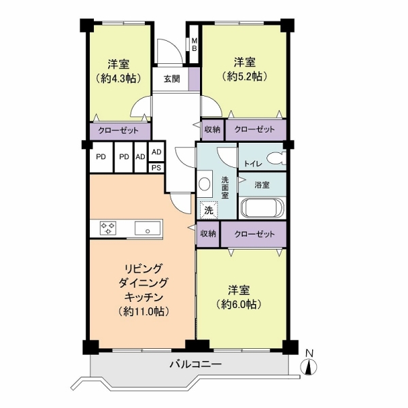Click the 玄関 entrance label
coord(172,79)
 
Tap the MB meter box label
coord(194,44)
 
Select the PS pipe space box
coord(156,168)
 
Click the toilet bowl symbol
coord(276,158)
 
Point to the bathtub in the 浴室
coord(262,208)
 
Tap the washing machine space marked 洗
coord(209,210)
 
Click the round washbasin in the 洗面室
coord(204,184)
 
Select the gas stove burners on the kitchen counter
coord(108,228)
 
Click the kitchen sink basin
coord(148,228)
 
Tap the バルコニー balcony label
coord(196,364)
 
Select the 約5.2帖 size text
coord(245,76)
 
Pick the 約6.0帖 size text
coord(239,304)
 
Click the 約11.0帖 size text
coord(144,311)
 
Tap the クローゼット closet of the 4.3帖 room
coord(120,131)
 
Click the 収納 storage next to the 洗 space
coord(208,234)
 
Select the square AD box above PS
coord(156,152)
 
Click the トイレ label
coord(253,164)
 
